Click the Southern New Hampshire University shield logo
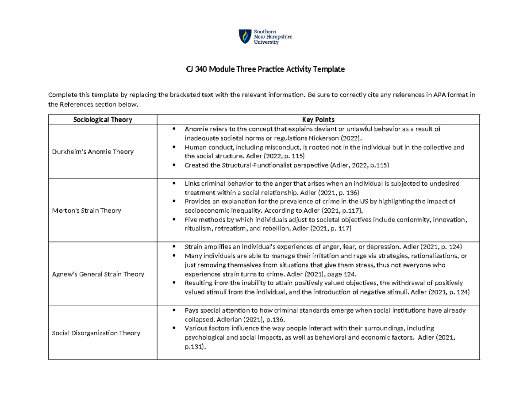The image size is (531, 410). (244, 37)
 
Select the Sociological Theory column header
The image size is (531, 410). (103, 119)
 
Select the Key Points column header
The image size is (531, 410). (318, 119)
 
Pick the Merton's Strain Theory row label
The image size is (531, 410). (86, 211)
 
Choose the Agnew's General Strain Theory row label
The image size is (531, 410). (98, 274)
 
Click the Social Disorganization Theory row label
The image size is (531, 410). (96, 333)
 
